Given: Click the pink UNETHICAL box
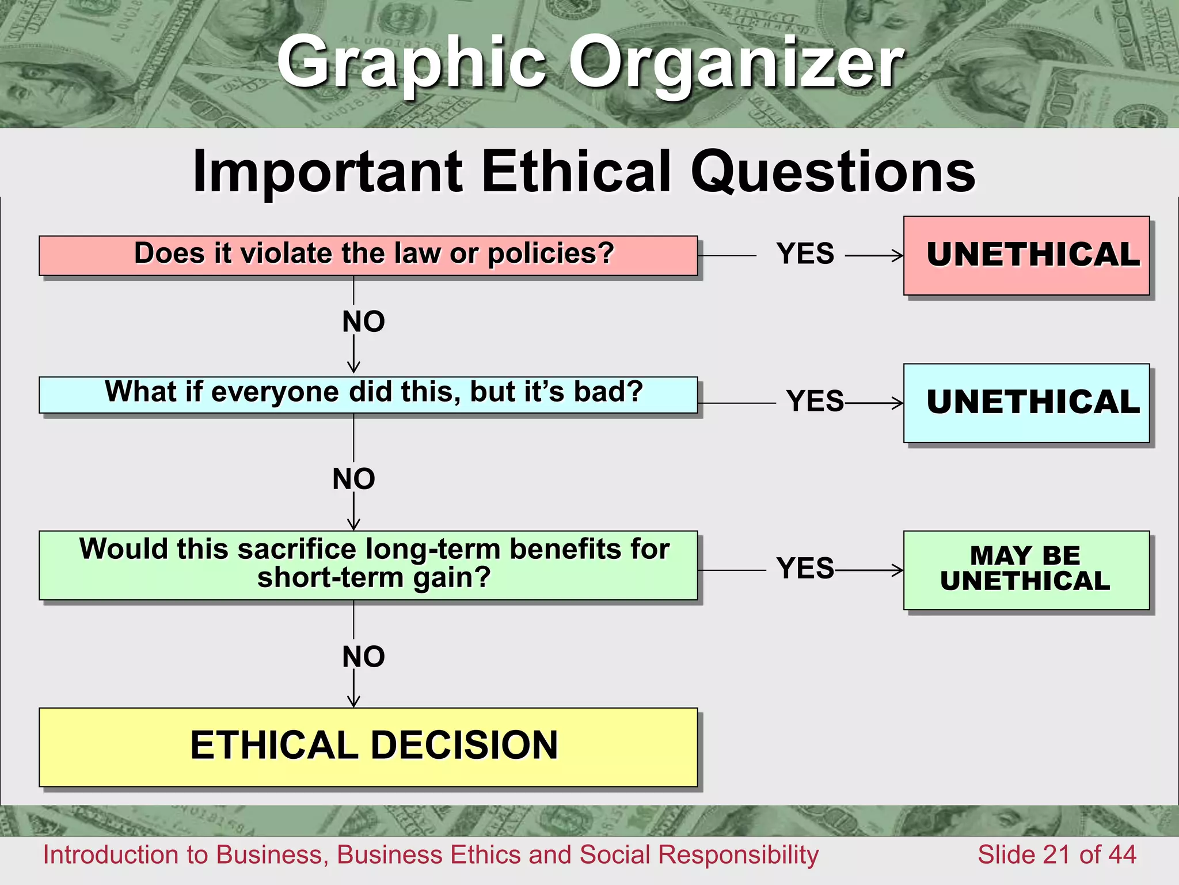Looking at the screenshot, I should (1026, 256).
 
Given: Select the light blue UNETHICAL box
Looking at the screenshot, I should (1026, 403).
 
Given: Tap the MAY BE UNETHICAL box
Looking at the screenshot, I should (1026, 570).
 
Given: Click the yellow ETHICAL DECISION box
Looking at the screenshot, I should (368, 747).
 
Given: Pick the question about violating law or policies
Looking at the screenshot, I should (368, 255).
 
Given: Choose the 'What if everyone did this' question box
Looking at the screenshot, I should (368, 395).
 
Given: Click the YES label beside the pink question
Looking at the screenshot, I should (805, 254).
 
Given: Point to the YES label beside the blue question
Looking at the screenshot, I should (815, 401).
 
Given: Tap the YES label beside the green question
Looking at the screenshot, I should (805, 568).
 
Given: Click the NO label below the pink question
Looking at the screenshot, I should (363, 322).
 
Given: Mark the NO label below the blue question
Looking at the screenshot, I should (353, 479).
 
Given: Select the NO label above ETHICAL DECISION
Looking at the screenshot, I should (363, 657).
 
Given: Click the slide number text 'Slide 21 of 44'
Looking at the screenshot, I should (1056, 854).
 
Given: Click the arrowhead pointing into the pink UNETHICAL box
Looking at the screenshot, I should (899, 255).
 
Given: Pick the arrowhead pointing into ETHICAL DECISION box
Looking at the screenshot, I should (353, 702).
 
